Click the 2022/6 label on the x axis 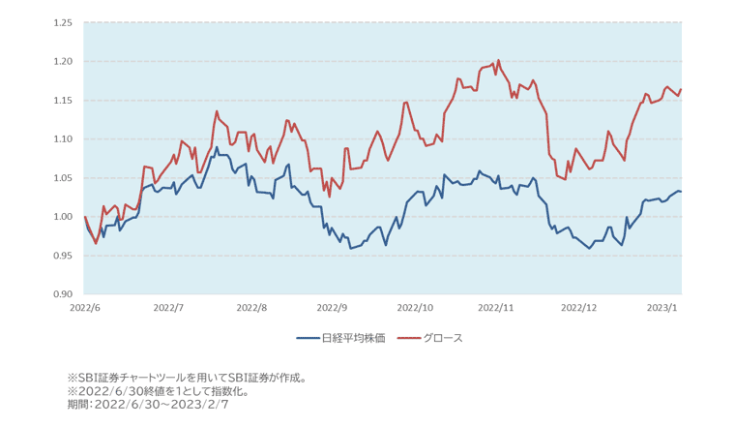(x=85, y=308)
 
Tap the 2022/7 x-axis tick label (x=168, y=308)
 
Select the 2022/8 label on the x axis (x=250, y=308)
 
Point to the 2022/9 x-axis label (x=333, y=308)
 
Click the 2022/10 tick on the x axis (x=417, y=308)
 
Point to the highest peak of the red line (x=498, y=60)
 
